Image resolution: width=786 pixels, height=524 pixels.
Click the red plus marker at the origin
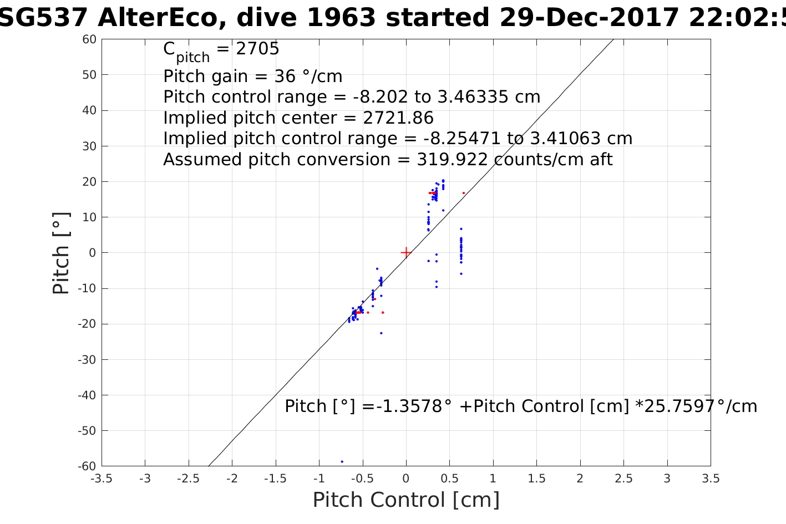[x=406, y=252]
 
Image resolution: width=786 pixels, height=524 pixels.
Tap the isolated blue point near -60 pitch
[x=342, y=461]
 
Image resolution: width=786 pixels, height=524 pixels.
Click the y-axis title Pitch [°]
[x=61, y=253]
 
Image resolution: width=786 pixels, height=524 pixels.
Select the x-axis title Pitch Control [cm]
[x=406, y=500]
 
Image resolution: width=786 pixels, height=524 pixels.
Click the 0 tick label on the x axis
[x=406, y=479]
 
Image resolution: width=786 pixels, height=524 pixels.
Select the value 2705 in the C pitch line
[x=257, y=49]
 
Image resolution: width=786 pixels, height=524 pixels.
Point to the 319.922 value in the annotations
[x=452, y=160]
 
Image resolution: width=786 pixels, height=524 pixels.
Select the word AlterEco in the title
[x=160, y=18]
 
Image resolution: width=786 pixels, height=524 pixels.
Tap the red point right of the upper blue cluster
[x=464, y=193]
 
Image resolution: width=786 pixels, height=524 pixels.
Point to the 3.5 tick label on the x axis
[x=710, y=479]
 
